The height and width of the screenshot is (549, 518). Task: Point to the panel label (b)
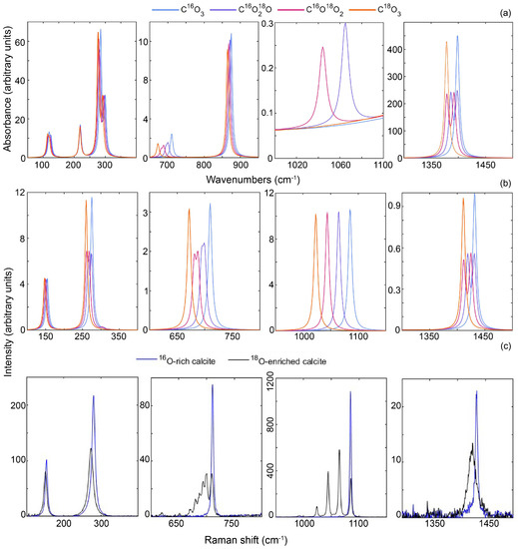click(504, 183)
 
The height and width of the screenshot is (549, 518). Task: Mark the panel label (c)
click(504, 345)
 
